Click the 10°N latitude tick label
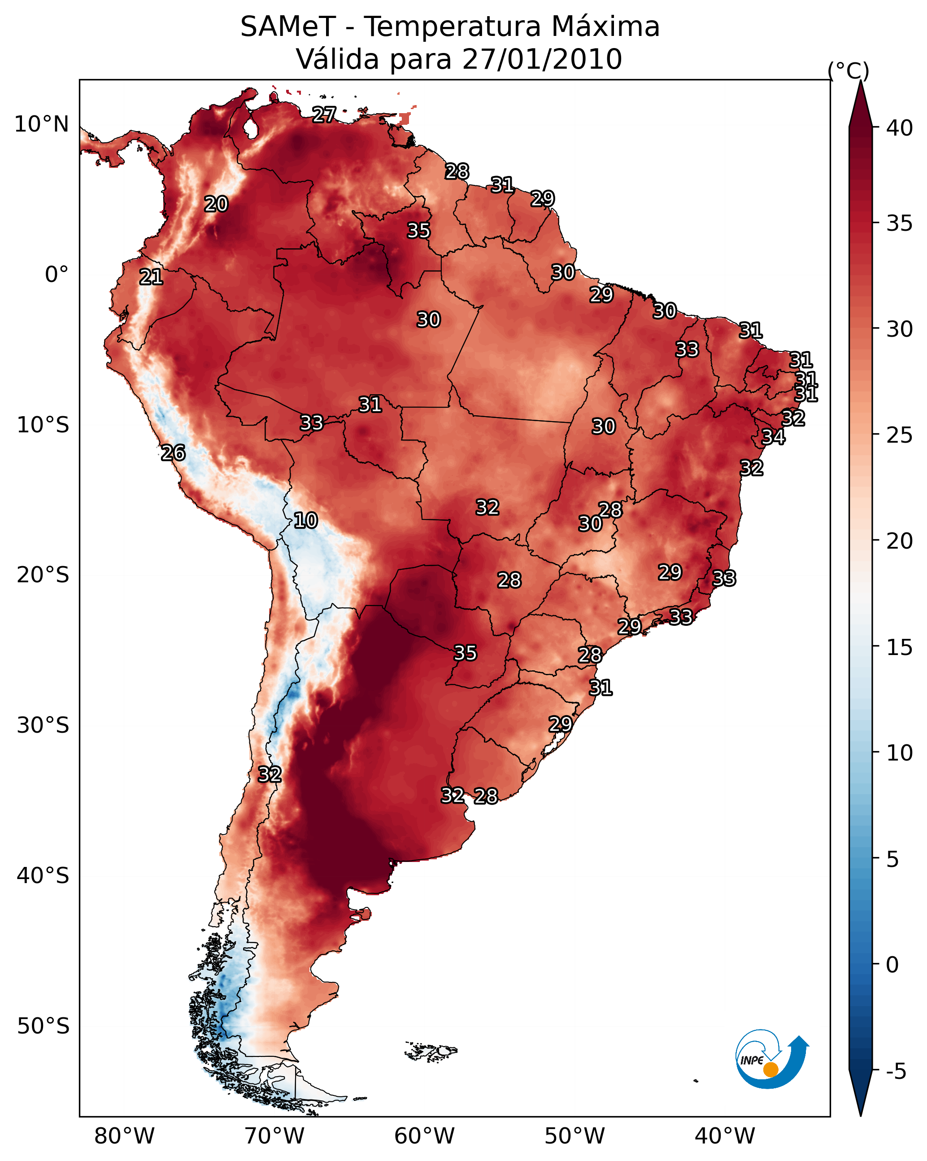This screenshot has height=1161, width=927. tap(41, 124)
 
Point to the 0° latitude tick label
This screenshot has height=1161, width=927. tap(57, 275)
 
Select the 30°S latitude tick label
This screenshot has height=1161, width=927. tap(43, 726)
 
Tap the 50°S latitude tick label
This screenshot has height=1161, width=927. tap(43, 1026)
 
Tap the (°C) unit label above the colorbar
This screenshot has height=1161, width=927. tap(849, 70)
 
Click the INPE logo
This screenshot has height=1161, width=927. tap(772, 1059)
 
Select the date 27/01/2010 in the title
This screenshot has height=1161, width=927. tap(542, 59)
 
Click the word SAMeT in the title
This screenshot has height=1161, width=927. tap(288, 27)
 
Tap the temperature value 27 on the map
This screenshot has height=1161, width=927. tap(324, 114)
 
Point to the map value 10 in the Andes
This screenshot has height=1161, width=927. tap(305, 520)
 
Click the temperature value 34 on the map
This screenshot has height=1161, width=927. tap(773, 437)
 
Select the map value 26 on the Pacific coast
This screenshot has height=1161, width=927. tap(173, 453)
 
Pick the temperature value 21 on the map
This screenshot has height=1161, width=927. tap(151, 277)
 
